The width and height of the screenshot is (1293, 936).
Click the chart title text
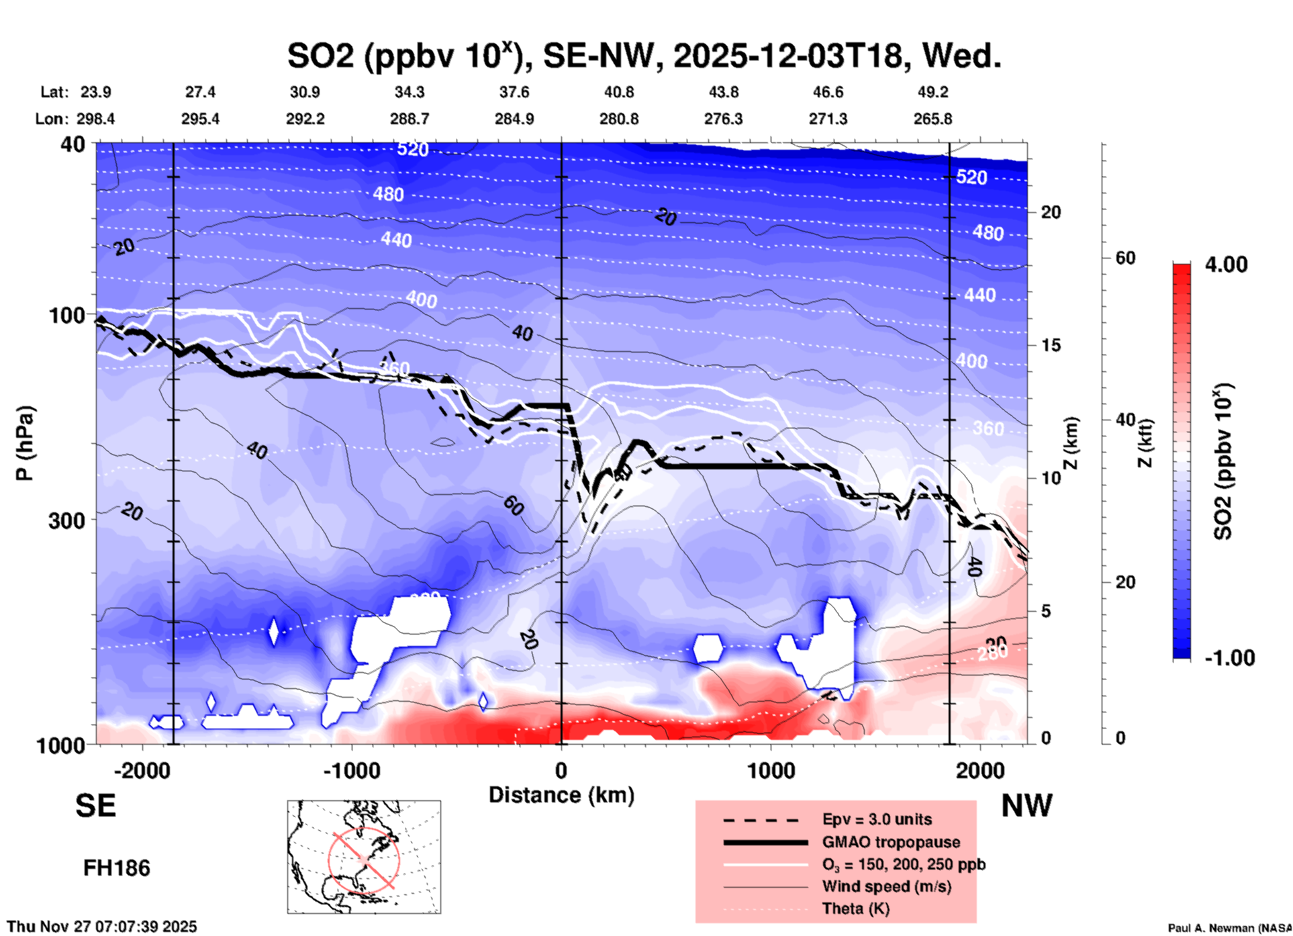(x=644, y=56)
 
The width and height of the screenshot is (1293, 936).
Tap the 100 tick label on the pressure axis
(x=67, y=315)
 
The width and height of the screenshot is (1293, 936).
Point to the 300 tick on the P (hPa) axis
(x=67, y=520)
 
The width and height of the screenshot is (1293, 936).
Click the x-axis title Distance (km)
(x=561, y=795)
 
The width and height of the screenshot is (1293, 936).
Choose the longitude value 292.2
(x=305, y=120)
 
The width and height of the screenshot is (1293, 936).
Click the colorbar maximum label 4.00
(x=1226, y=265)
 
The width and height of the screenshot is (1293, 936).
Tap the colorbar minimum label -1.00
(x=1229, y=658)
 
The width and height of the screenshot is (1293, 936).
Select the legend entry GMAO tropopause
(x=891, y=842)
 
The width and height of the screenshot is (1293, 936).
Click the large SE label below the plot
(x=95, y=806)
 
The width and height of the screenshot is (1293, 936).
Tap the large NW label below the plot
(x=1026, y=806)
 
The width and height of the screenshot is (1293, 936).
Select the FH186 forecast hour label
(x=117, y=869)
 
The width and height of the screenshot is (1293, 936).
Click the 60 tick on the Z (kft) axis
(x=1125, y=259)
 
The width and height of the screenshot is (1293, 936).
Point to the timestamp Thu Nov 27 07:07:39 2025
(x=102, y=927)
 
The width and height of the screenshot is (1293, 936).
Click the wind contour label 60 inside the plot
(x=513, y=506)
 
